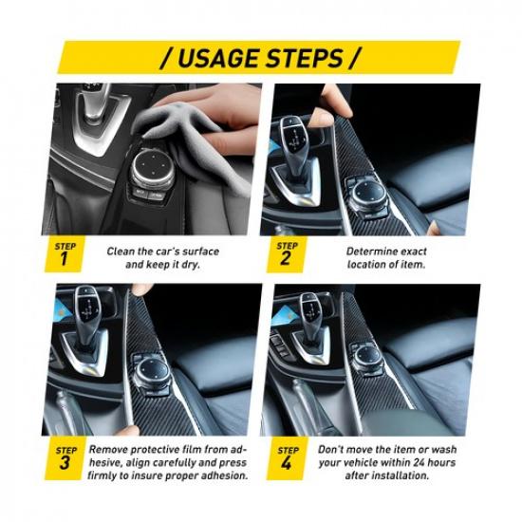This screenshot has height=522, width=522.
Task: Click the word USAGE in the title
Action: pos(213,59)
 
